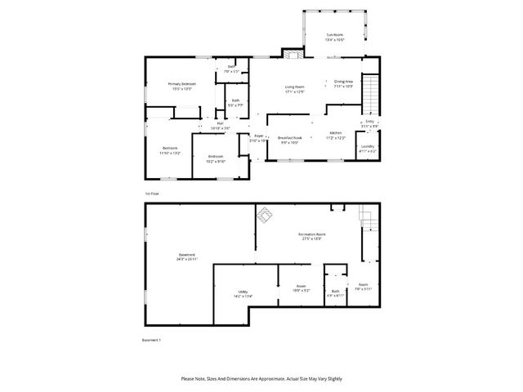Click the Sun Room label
pos(335,36)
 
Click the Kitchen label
pos(335,134)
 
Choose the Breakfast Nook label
pos(290,139)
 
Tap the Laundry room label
pos(368,149)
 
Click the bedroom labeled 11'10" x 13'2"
pos(169,150)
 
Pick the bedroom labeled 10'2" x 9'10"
pos(215,158)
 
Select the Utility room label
pos(243,293)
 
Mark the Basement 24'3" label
pos(186,256)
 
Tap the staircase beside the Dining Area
pos(372,92)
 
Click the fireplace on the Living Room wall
pos(293,54)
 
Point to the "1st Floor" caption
pos(152,194)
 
